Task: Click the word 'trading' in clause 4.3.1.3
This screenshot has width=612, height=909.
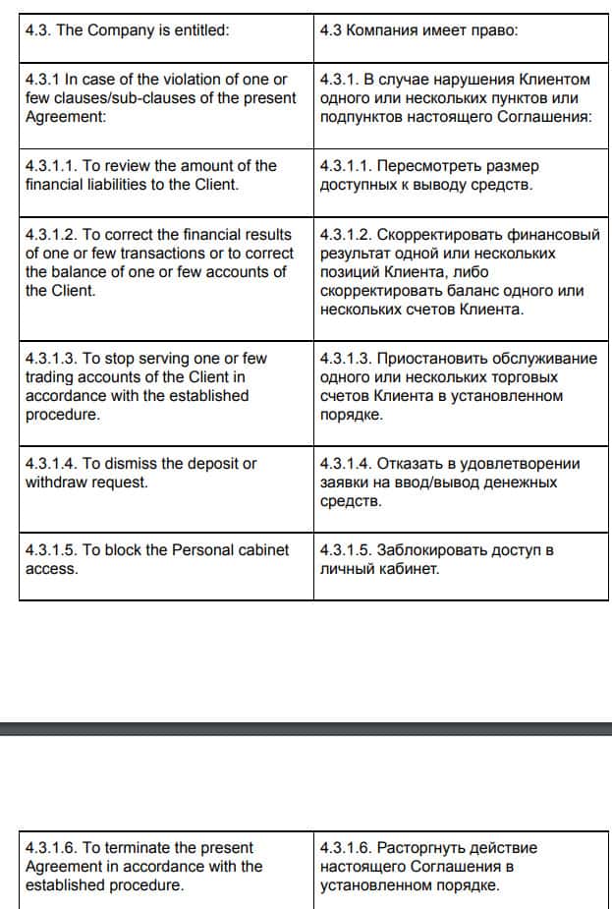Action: [x=51, y=377]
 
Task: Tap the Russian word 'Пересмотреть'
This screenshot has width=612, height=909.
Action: [x=425, y=166]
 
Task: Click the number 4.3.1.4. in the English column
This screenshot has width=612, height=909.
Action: [x=51, y=464]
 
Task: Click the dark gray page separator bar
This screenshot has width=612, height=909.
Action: [x=306, y=729]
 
